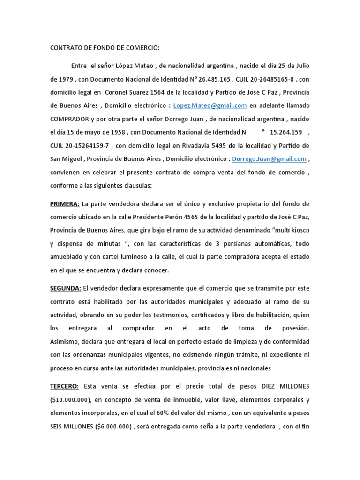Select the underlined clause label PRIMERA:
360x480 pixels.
pos(65,204)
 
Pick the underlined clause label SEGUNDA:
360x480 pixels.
pos(66,288)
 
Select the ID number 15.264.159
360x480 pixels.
pos(285,132)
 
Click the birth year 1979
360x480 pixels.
pos(67,79)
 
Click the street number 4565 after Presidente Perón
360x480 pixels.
pos(193,217)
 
